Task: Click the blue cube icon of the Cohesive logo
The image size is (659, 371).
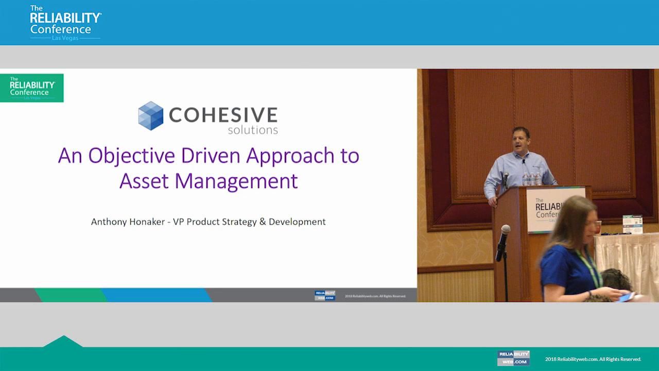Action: pyautogui.click(x=150, y=115)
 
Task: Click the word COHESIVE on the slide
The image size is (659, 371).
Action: pyautogui.click(x=223, y=114)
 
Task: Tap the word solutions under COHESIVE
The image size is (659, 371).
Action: pyautogui.click(x=253, y=130)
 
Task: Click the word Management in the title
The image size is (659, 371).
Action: pyautogui.click(x=236, y=181)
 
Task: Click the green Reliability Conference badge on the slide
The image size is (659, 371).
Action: pyautogui.click(x=32, y=88)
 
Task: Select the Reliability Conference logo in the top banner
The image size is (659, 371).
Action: pyautogui.click(x=65, y=23)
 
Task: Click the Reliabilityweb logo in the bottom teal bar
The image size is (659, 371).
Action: pyautogui.click(x=513, y=358)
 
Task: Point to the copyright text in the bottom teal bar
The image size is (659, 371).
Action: pyautogui.click(x=593, y=359)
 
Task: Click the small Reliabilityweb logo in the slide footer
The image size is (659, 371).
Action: pyautogui.click(x=325, y=295)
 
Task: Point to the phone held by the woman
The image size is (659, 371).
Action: pyautogui.click(x=626, y=297)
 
